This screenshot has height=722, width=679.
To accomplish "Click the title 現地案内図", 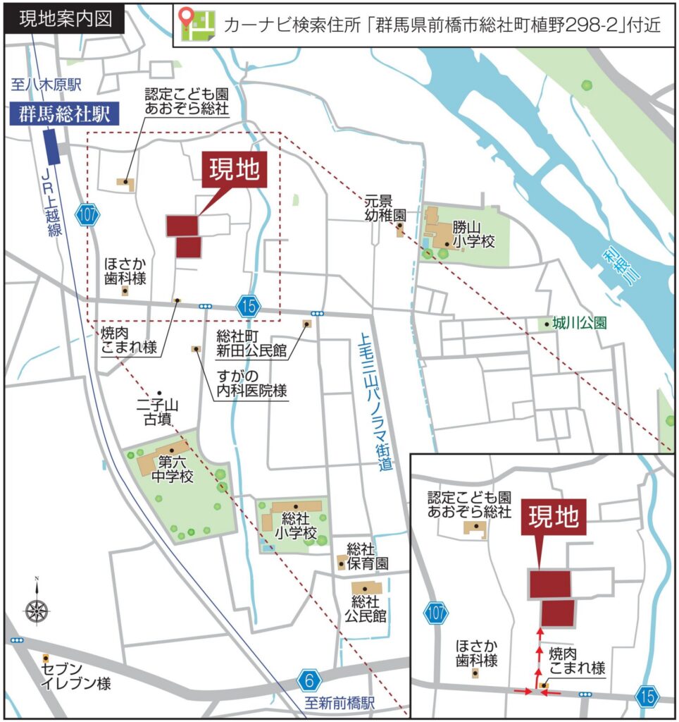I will point(65,19).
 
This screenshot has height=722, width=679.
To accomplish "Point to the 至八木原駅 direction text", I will point(47,86).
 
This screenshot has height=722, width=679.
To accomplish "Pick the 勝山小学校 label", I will point(474,234).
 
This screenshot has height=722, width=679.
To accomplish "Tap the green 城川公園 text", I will point(580,323).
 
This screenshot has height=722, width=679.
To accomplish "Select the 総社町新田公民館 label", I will point(251,344).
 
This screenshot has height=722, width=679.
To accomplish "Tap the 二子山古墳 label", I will point(161,412).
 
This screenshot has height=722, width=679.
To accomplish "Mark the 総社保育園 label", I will point(367,557).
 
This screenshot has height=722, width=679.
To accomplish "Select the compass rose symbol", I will point(36,609).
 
